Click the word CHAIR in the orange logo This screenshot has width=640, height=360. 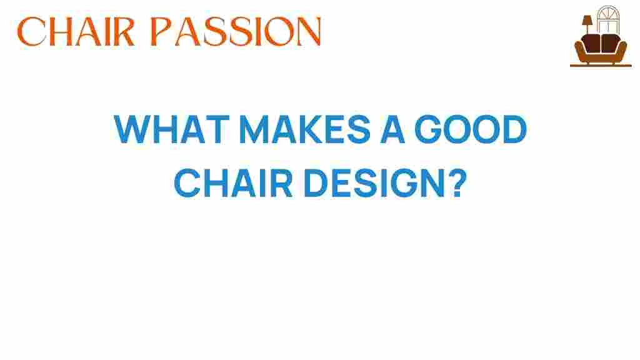76,31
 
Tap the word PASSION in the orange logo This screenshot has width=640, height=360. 236,31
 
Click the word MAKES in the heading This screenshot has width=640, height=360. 304,129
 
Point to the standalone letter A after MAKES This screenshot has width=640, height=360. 392,129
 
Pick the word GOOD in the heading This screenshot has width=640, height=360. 471,129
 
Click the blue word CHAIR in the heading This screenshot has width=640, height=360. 233,183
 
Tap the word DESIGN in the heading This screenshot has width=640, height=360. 374,183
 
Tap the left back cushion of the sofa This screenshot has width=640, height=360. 591,43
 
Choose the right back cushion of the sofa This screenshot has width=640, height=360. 611,43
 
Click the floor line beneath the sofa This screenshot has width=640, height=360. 601,65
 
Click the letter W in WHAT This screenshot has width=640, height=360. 128,129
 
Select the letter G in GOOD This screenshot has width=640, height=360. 427,129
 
